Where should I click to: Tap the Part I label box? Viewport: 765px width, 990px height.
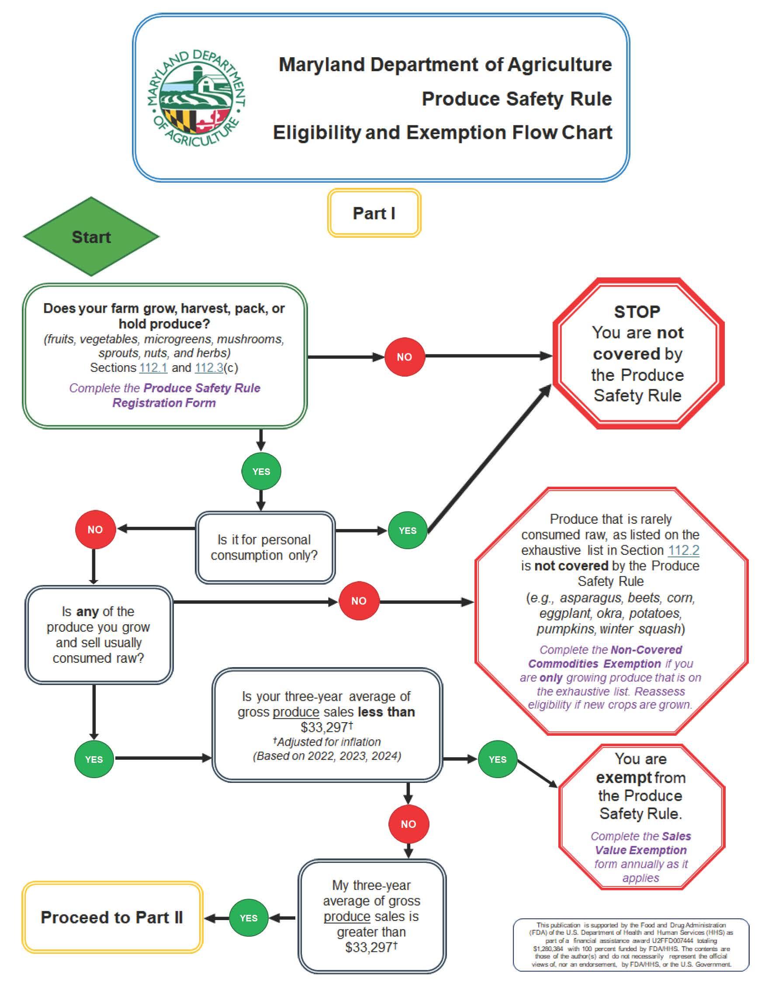click(374, 213)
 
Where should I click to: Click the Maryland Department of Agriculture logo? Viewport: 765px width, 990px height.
click(196, 97)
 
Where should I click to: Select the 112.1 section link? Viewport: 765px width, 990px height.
click(153, 367)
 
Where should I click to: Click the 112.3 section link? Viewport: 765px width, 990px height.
click(209, 367)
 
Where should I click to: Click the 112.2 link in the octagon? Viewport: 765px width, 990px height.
click(683, 550)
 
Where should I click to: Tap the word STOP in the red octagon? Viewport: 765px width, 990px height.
click(637, 312)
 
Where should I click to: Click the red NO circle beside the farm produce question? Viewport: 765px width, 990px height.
click(404, 357)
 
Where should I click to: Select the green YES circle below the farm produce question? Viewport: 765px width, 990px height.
click(261, 471)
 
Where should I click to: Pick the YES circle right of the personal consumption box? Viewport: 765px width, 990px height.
click(408, 530)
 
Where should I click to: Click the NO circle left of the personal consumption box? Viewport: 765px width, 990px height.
click(95, 530)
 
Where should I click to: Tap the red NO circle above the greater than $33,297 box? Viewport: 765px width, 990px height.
click(408, 824)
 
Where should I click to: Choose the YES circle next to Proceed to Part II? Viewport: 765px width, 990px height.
click(248, 918)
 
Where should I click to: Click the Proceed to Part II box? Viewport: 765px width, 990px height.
click(112, 917)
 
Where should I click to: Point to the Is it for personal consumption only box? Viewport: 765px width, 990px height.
click(265, 547)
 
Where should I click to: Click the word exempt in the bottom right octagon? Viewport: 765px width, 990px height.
click(618, 778)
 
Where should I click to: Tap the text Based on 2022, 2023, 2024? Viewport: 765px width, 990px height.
click(327, 756)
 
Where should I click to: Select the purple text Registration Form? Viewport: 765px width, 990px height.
click(164, 402)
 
